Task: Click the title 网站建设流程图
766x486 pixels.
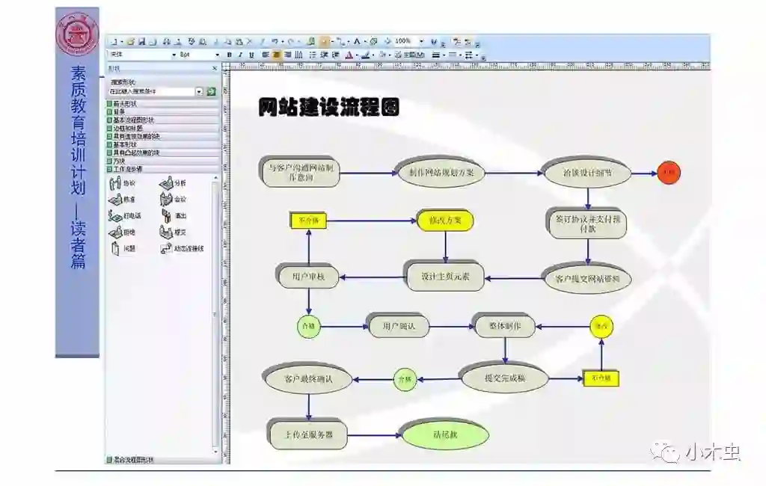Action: [x=329, y=107]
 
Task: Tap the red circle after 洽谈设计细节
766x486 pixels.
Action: [x=669, y=173]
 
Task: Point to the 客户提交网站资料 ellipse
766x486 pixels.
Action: [x=587, y=278]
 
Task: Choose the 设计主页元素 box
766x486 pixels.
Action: [x=446, y=277]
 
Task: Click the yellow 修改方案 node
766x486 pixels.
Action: [x=446, y=221]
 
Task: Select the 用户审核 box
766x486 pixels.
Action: [x=308, y=277]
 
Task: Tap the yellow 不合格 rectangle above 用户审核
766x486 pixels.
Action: [x=308, y=221]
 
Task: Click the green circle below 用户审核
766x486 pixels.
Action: [x=308, y=326]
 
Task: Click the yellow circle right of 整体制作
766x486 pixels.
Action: [x=601, y=326]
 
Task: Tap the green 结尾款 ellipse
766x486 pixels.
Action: [x=446, y=434]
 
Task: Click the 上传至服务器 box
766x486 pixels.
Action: [x=308, y=434]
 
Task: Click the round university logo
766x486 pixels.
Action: [x=76, y=34]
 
